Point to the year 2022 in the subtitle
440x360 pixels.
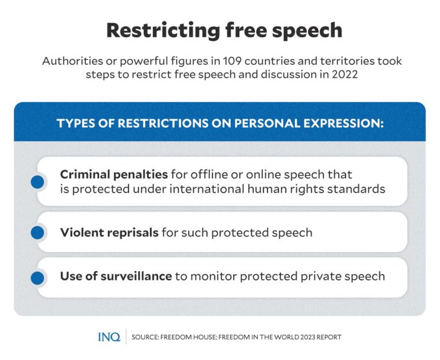(345, 75)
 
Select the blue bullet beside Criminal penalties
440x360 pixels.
(37, 182)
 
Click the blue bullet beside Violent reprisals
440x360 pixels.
(37, 233)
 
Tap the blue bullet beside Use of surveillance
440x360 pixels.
(37, 278)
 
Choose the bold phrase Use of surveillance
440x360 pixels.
(116, 276)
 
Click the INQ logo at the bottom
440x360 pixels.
(109, 337)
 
